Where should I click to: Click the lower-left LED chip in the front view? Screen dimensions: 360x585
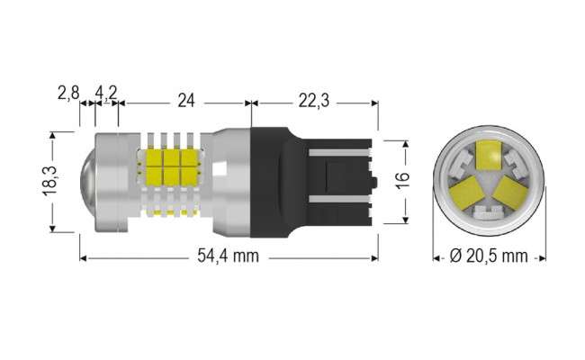pyautogui.click(x=470, y=191)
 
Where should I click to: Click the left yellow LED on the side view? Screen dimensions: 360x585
pyautogui.click(x=154, y=166)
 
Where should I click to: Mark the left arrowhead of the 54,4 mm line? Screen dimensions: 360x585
pyautogui.click(x=83, y=256)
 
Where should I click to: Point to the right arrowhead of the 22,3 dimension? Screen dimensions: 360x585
pyautogui.click(x=372, y=104)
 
